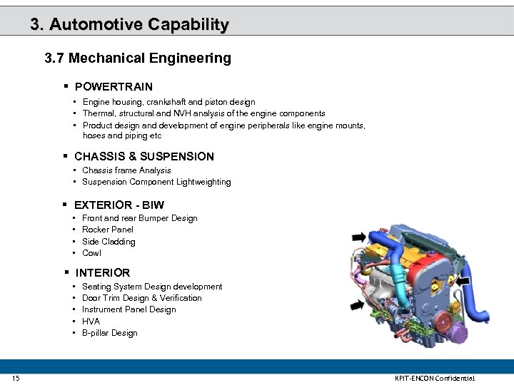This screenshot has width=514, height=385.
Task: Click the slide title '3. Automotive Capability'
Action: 129,24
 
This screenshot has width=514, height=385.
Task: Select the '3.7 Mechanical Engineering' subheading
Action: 138,58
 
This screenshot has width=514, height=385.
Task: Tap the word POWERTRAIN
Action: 114,87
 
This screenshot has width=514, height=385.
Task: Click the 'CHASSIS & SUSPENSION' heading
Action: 144,156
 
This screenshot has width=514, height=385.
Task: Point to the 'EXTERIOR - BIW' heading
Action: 119,205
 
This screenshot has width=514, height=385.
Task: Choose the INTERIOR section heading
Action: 103,272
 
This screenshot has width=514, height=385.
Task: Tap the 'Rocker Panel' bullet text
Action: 108,230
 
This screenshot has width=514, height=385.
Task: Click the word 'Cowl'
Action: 92,253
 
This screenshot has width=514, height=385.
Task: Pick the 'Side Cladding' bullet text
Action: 109,242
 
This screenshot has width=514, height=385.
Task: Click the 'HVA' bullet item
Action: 91,322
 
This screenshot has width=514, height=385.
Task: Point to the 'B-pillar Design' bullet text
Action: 110,333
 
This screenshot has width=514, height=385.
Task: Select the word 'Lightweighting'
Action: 203,182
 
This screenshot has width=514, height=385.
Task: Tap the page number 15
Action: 16,378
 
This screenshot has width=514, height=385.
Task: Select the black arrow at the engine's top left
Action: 358,237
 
